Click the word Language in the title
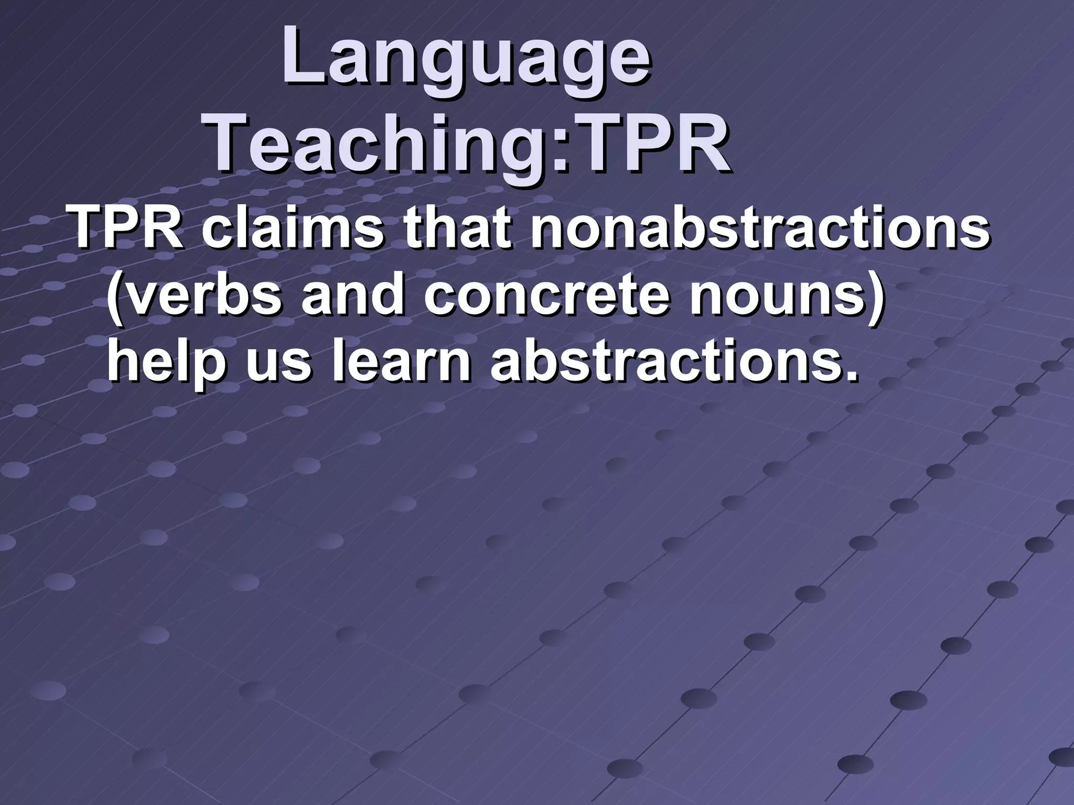click(x=466, y=59)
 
